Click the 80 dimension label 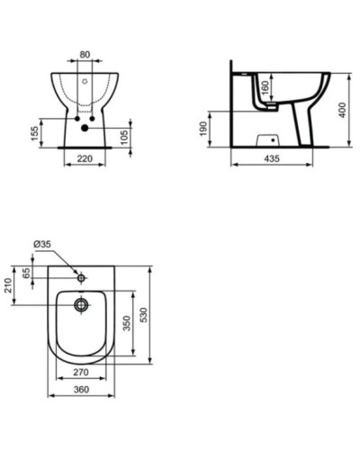(x=85, y=54)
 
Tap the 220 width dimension (x=85, y=158)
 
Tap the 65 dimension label (x=27, y=272)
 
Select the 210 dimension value (x=9, y=285)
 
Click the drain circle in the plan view (x=82, y=305)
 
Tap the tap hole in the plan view (x=82, y=277)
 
